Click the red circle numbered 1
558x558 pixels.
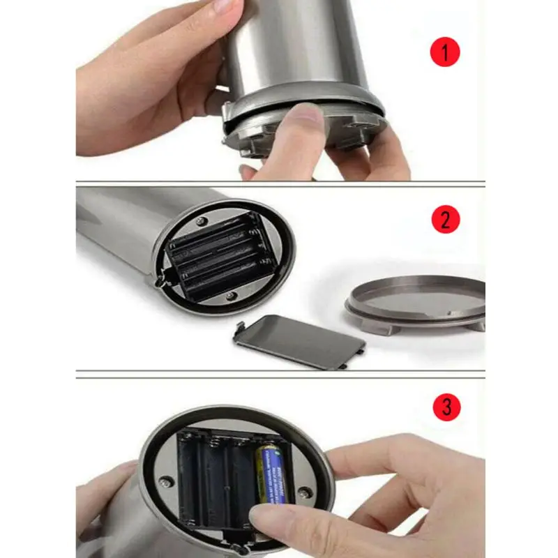(x=444, y=52)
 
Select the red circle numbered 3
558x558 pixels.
(x=444, y=406)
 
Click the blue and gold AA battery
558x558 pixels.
(x=271, y=474)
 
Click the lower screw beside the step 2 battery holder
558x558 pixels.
(x=230, y=296)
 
